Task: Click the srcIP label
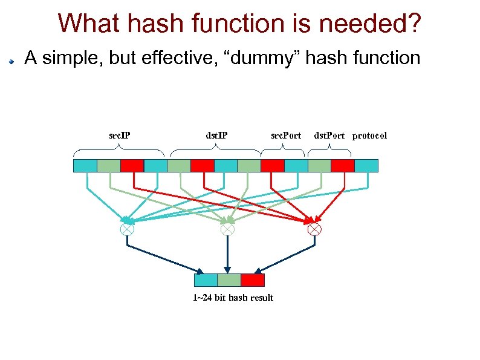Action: (x=119, y=136)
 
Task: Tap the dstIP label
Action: (x=216, y=136)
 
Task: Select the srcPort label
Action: (x=285, y=136)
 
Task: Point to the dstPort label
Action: (x=329, y=136)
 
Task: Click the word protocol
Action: (x=369, y=136)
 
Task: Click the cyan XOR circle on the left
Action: (x=127, y=229)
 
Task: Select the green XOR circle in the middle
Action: (x=227, y=229)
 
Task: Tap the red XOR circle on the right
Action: (x=314, y=229)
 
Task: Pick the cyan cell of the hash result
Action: (x=206, y=280)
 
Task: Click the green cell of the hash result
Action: (x=229, y=280)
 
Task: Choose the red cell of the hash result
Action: (x=253, y=280)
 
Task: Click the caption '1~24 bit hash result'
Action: (x=233, y=298)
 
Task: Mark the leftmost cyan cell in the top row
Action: (x=85, y=166)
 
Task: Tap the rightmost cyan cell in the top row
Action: (x=366, y=166)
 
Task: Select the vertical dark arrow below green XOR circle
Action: (x=227, y=254)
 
